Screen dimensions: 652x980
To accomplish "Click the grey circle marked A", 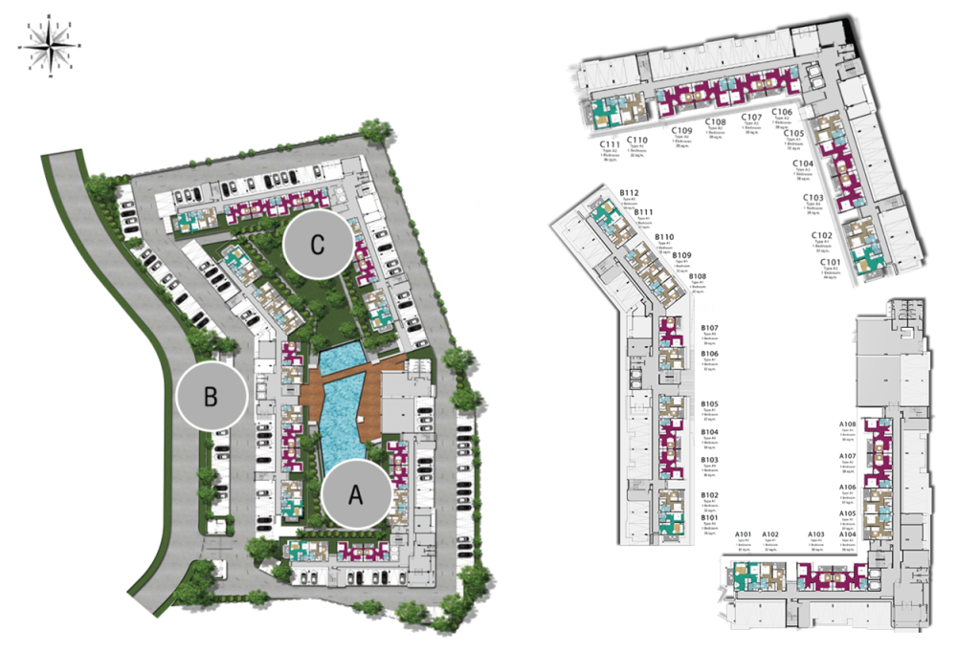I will pyautogui.click(x=356, y=493).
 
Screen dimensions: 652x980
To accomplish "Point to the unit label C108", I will pyautogui.click(x=716, y=122).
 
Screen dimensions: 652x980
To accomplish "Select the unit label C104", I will pyautogui.click(x=803, y=164).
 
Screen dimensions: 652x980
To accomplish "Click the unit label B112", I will pyautogui.click(x=629, y=193).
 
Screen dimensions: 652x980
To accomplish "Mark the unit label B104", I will pyautogui.click(x=709, y=433).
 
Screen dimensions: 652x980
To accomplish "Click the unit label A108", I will pyautogui.click(x=847, y=424).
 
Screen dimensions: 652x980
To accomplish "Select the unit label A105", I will pyautogui.click(x=847, y=514).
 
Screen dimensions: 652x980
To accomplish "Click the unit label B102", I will pyautogui.click(x=709, y=495).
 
